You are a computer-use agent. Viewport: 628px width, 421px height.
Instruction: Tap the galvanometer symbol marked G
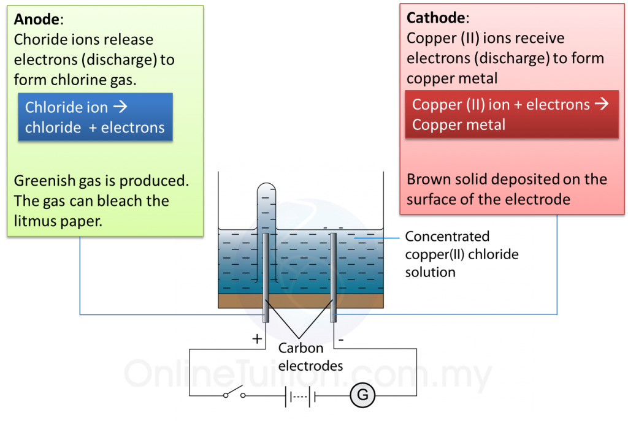(x=362, y=395)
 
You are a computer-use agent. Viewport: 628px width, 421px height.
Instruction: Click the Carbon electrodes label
(x=310, y=357)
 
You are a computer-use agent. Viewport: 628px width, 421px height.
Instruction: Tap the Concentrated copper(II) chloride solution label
(x=461, y=254)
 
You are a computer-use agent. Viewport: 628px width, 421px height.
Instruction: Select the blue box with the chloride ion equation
(x=95, y=117)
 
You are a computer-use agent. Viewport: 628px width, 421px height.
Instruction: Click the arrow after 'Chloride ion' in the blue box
(x=120, y=107)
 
